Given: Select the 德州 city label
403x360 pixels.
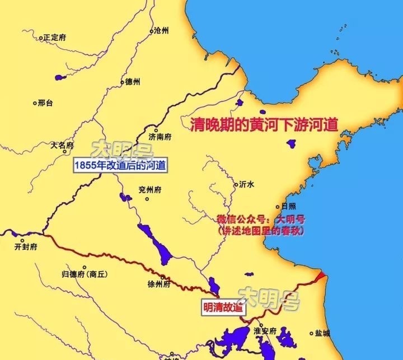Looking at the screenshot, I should (x=133, y=82).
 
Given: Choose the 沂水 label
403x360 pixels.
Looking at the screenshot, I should (x=246, y=183).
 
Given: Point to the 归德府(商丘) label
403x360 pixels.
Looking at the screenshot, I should (x=85, y=274).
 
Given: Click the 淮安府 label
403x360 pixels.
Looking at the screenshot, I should (x=265, y=331).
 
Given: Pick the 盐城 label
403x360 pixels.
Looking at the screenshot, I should (x=322, y=334).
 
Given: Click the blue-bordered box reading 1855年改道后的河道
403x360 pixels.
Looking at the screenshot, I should (x=120, y=166).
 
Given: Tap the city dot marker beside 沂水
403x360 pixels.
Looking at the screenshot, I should (x=235, y=184).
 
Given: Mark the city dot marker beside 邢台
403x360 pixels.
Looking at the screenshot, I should (x=35, y=103).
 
